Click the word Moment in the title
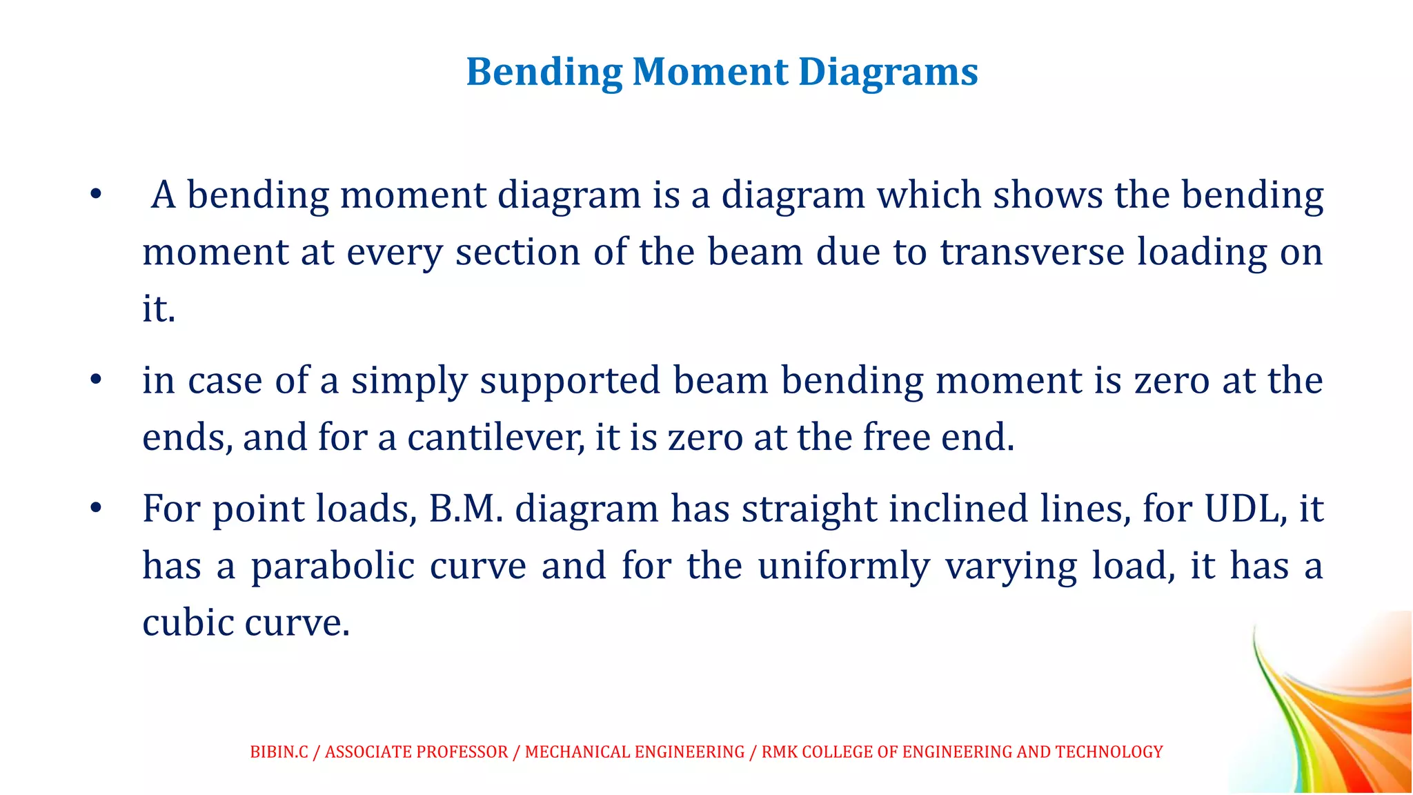pos(710,72)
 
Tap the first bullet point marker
pos(96,195)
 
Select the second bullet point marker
pos(96,380)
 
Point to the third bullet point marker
pos(96,509)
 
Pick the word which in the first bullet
pos(929,195)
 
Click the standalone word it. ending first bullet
pos(159,308)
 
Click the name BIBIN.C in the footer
pos(279,752)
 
